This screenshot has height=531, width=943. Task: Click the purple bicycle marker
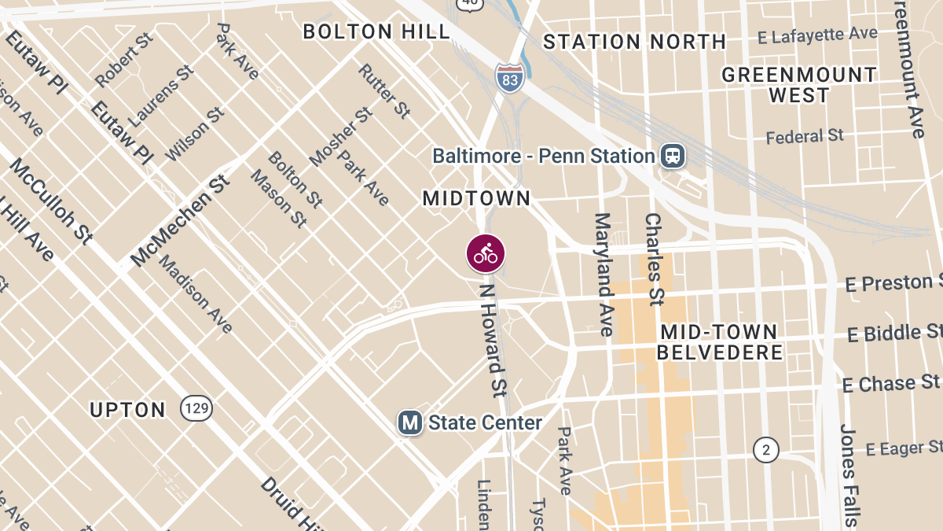(x=486, y=253)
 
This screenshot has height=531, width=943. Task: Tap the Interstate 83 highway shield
(x=509, y=76)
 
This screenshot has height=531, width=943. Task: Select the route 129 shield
(x=196, y=408)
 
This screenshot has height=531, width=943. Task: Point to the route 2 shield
(x=765, y=450)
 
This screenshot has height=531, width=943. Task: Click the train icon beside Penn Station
(x=673, y=156)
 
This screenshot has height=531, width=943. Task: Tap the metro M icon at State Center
(x=409, y=423)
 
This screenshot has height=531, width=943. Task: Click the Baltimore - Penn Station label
(x=544, y=156)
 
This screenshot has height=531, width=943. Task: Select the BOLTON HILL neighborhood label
(x=376, y=31)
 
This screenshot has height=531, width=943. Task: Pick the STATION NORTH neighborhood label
(x=634, y=42)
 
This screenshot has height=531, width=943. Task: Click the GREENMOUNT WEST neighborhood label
(x=799, y=85)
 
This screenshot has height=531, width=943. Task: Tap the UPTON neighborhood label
(x=128, y=410)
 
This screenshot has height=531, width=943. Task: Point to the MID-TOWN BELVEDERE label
(x=720, y=342)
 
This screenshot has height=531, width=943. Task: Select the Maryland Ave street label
(x=604, y=274)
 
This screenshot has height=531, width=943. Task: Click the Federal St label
(x=805, y=137)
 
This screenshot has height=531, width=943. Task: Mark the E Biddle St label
(x=894, y=334)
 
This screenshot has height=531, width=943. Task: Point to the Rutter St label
(x=384, y=91)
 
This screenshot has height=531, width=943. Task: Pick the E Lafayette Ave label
(x=817, y=36)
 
